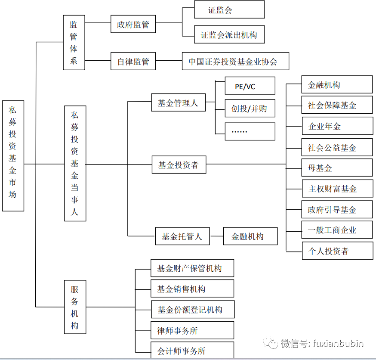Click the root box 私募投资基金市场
(13, 155)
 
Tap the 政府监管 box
(133, 25)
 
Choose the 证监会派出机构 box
(229, 35)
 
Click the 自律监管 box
(133, 61)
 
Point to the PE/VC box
(250, 86)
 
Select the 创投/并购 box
(250, 109)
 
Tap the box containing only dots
(250, 131)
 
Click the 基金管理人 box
(178, 103)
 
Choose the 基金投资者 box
(179, 165)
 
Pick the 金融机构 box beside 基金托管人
(250, 236)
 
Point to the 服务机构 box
(75, 307)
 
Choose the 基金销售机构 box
(192, 289)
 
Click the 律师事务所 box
(192, 330)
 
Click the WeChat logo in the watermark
(271, 343)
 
